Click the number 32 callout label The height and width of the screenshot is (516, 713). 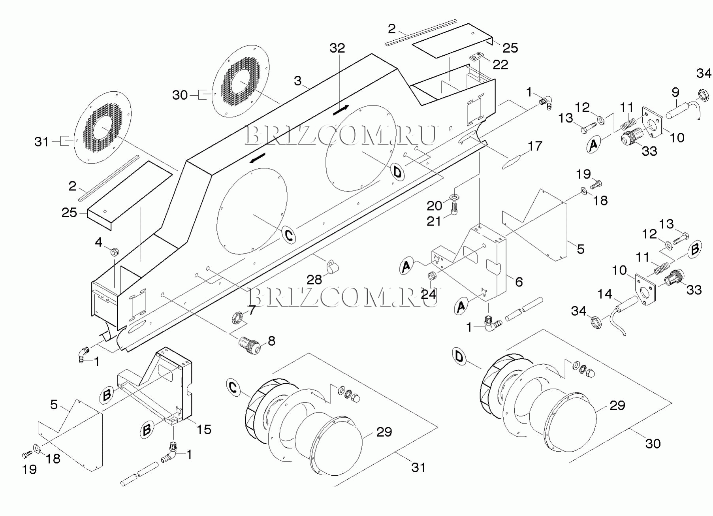click(x=337, y=48)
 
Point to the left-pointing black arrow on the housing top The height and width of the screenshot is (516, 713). click(x=257, y=158)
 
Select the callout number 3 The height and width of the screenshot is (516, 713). click(x=298, y=81)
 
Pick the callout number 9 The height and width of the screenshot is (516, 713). click(x=675, y=92)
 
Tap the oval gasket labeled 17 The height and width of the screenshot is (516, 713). click(x=512, y=162)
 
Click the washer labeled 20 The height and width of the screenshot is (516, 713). click(x=455, y=196)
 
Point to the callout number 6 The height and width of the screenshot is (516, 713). click(x=519, y=282)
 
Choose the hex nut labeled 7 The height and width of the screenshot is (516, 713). click(x=236, y=317)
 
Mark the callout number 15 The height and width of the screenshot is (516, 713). click(x=204, y=429)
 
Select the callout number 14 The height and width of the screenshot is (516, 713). click(x=605, y=294)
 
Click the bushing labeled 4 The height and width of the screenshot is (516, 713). click(x=115, y=251)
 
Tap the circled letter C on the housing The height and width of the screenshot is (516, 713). click(x=289, y=236)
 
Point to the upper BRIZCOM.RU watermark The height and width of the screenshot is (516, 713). click(x=341, y=135)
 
